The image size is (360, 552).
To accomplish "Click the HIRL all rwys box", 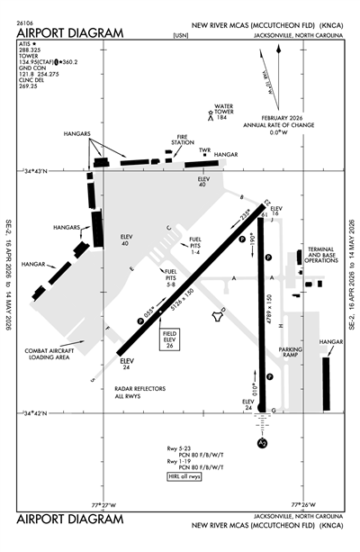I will (184, 476).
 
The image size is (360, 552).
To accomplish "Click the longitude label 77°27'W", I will (106, 504).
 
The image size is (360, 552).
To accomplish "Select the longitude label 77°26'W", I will (304, 504).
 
